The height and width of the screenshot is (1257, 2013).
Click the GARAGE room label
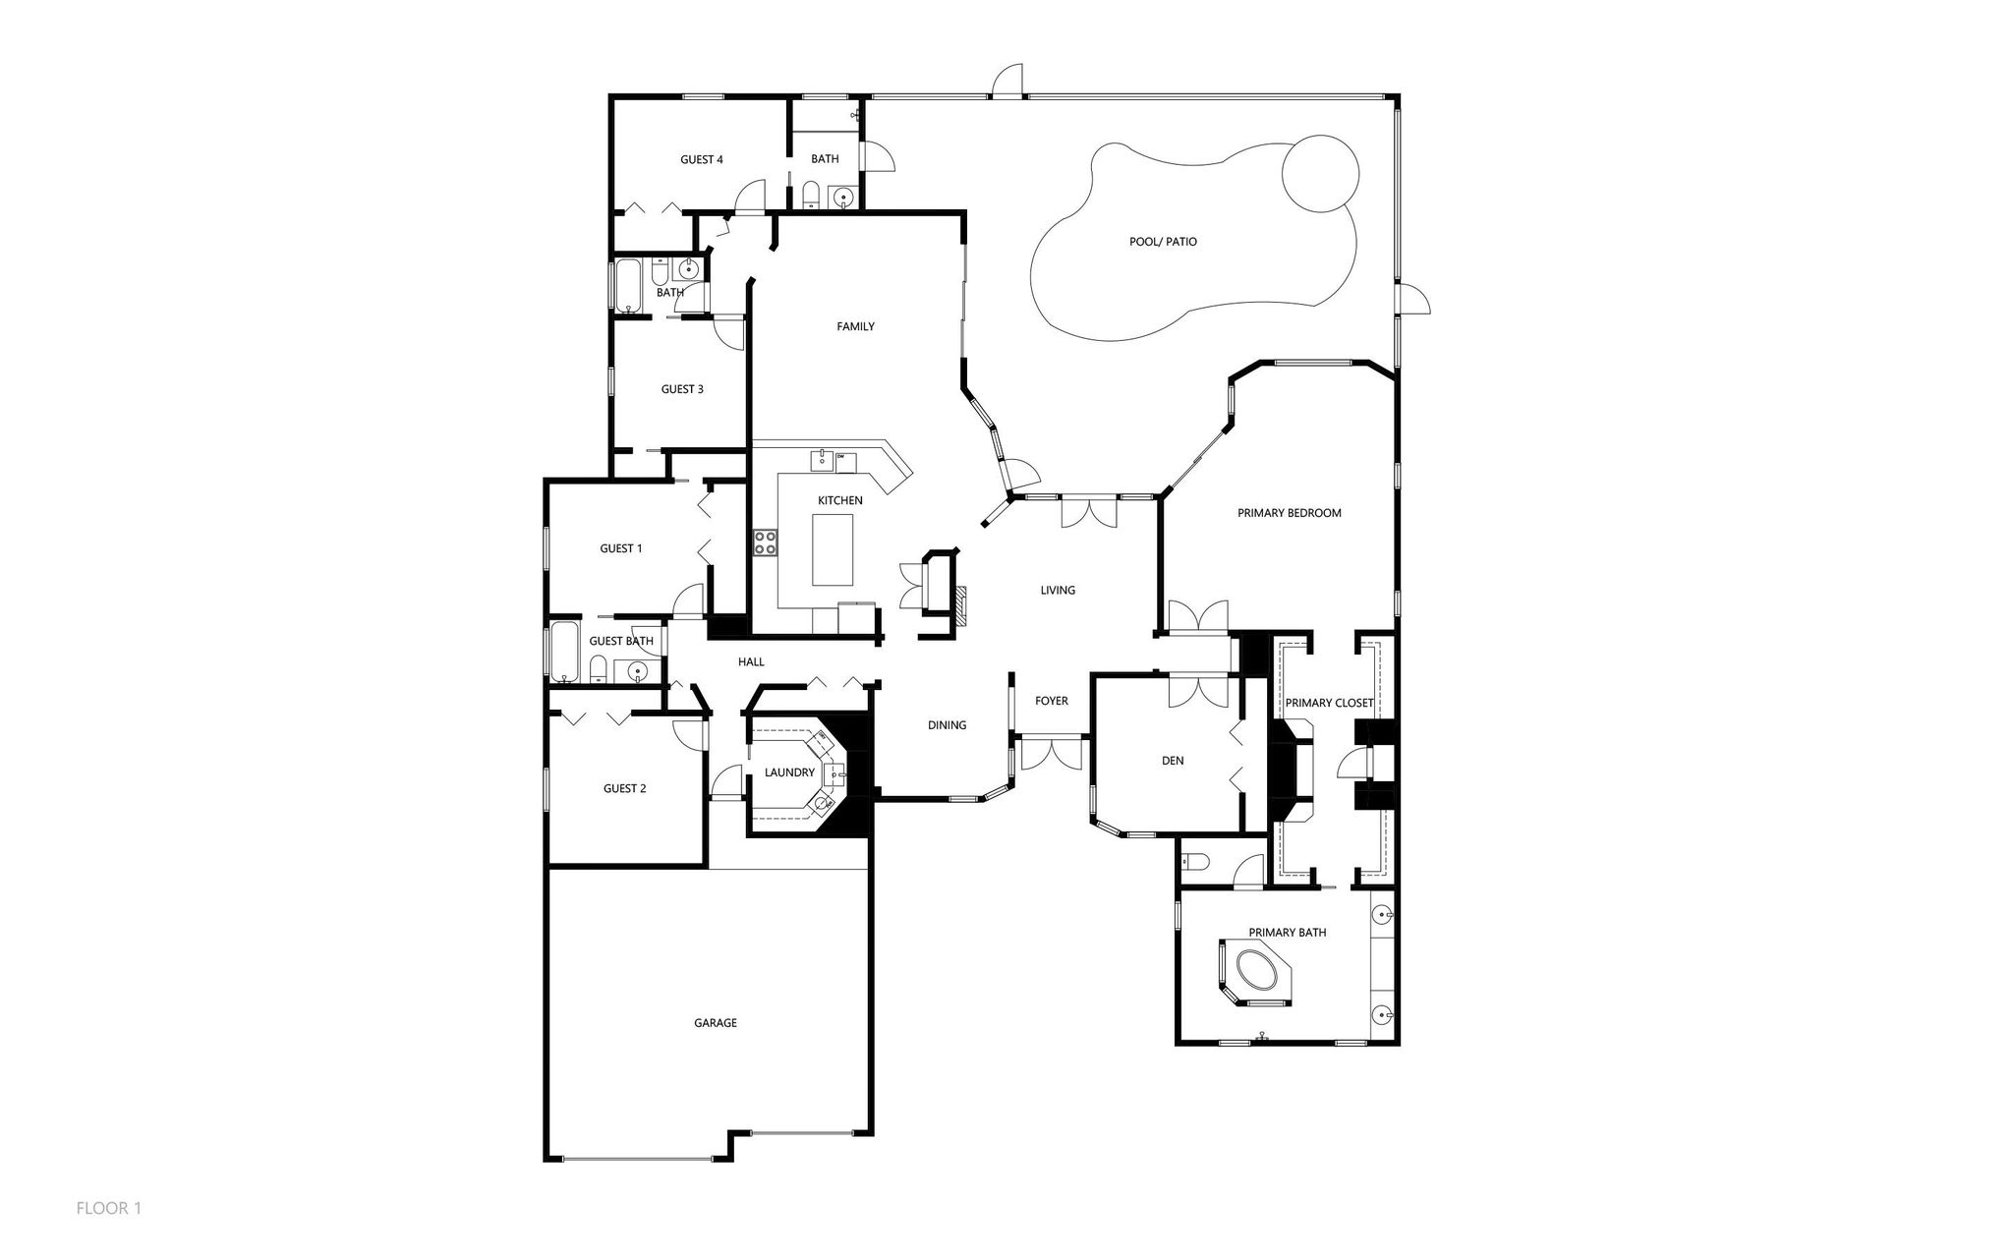click(x=715, y=1023)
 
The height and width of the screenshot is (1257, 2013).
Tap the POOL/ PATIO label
click(x=1163, y=242)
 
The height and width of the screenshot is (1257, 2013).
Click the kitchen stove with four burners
click(x=766, y=543)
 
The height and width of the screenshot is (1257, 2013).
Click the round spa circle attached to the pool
click(x=1320, y=174)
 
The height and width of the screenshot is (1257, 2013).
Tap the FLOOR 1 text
click(x=109, y=1208)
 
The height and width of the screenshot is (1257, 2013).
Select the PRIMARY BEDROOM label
click(x=1289, y=513)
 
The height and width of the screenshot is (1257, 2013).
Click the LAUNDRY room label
click(x=789, y=773)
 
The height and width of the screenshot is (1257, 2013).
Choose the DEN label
click(x=1173, y=761)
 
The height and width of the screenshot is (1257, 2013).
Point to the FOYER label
click(x=1051, y=702)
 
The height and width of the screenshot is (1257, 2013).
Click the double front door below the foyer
click(x=1051, y=755)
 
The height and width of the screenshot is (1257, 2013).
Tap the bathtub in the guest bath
click(x=564, y=652)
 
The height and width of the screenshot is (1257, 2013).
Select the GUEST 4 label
click(x=702, y=159)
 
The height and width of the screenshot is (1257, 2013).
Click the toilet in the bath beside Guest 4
click(x=810, y=196)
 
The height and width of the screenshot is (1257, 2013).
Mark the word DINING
click(x=947, y=725)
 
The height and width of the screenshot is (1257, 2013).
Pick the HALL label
click(x=751, y=662)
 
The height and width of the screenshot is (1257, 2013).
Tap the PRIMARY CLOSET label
click(x=1329, y=703)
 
